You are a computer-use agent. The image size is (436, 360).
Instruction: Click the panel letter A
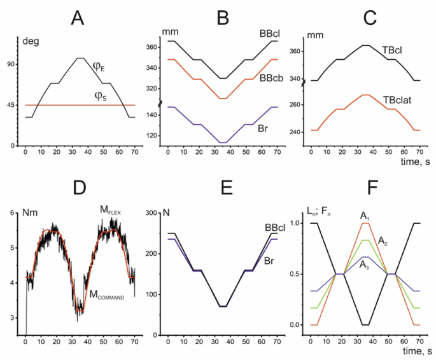click(x=78, y=18)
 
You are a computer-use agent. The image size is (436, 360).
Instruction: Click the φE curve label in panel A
click(x=100, y=66)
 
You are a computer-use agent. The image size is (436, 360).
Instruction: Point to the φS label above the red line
click(x=100, y=95)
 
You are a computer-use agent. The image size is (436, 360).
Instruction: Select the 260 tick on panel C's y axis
click(x=295, y=105)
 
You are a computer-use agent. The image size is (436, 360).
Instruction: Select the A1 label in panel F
click(x=365, y=216)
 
